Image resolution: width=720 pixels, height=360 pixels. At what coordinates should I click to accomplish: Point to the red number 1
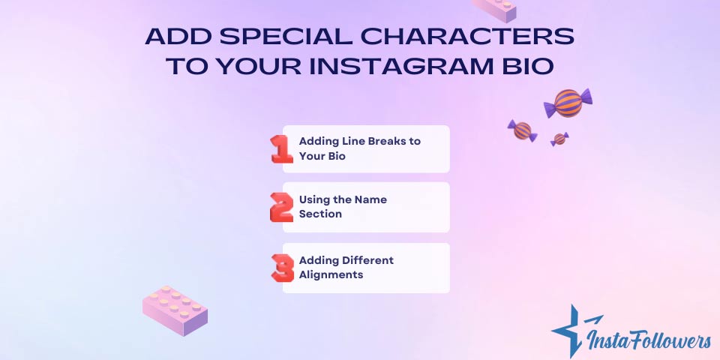[281, 148]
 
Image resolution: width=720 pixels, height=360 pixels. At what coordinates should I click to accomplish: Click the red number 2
[281, 207]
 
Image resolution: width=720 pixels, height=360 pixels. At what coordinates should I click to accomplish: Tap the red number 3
[282, 267]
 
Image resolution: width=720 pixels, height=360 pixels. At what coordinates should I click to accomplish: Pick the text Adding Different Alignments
[346, 267]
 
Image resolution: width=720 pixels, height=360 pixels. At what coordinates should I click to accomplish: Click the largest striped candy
[568, 103]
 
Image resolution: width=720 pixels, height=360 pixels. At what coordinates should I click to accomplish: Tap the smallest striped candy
[559, 139]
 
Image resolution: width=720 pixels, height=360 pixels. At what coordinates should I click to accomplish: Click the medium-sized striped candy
[522, 130]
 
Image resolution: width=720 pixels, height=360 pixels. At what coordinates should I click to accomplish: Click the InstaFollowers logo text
[649, 340]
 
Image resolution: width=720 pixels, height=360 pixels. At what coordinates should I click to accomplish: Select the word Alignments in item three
[331, 274]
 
